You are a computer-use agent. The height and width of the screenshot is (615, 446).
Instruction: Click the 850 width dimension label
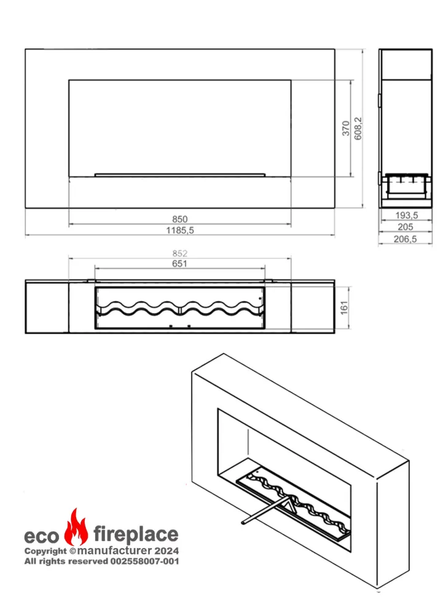(x=180, y=219)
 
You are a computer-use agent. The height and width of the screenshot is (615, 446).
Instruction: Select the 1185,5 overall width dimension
(x=180, y=230)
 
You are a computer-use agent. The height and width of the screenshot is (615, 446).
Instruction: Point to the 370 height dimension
(x=346, y=129)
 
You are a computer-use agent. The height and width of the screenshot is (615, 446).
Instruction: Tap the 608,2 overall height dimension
(x=358, y=129)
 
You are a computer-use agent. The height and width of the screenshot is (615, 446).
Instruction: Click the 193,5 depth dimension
(x=407, y=215)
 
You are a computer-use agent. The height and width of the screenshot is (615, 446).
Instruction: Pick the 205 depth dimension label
(x=405, y=227)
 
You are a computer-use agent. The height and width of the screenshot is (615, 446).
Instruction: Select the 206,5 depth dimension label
(x=405, y=239)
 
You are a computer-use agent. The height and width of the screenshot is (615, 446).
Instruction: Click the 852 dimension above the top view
(x=180, y=253)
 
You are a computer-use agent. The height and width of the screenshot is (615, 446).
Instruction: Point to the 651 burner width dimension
(x=179, y=264)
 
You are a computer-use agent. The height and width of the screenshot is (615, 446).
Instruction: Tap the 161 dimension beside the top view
(x=344, y=308)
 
